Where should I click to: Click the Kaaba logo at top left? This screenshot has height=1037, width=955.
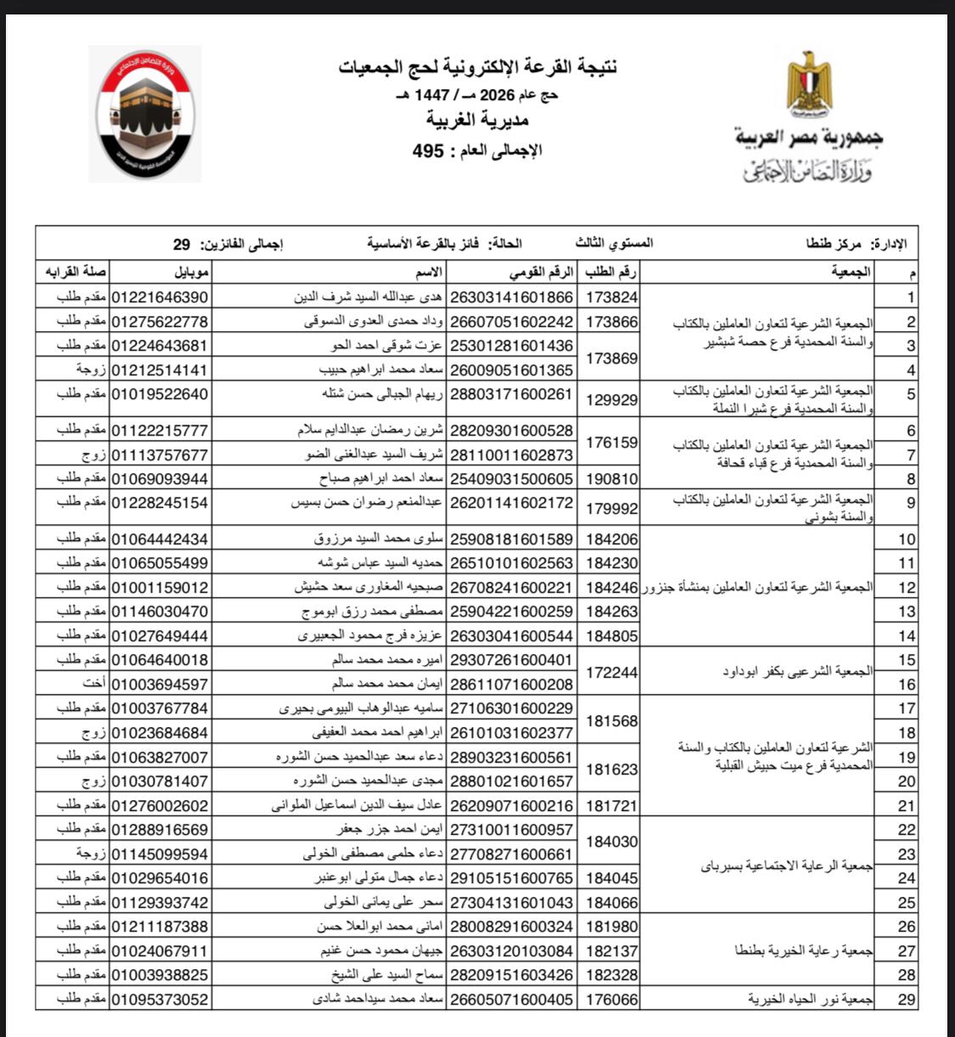(144, 113)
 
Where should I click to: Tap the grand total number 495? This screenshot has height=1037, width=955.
(429, 151)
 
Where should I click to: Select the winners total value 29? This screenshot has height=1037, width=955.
(182, 245)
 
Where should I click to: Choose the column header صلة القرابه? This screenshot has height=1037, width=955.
(76, 273)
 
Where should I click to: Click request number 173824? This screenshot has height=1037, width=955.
(611, 297)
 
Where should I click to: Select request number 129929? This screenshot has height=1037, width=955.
(611, 400)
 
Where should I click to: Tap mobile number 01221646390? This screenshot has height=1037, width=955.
(160, 297)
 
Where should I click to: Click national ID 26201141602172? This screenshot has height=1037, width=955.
(511, 503)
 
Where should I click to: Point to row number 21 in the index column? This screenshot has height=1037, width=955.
(907, 806)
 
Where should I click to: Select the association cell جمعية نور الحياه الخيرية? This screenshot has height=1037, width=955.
(810, 1000)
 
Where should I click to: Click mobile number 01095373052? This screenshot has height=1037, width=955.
(160, 1000)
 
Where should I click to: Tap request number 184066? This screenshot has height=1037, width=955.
(611, 903)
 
